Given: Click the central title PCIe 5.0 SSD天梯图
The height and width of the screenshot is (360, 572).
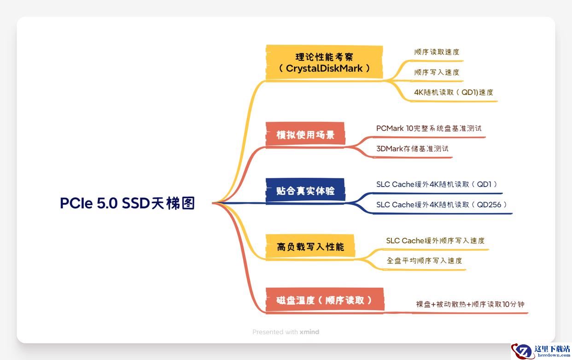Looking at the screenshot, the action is point(128,203).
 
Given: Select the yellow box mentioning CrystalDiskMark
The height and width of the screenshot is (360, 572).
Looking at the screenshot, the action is point(324,62).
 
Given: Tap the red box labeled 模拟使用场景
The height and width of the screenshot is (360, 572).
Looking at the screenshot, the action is point(305,135).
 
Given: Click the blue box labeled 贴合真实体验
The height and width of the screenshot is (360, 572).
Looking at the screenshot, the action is point(305,191).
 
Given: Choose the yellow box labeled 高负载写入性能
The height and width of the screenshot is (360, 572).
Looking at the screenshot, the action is point(310,247).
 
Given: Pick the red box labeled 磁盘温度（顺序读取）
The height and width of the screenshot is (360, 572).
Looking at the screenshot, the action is point(325,300).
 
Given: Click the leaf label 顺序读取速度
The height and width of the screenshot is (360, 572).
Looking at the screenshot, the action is point(437,52).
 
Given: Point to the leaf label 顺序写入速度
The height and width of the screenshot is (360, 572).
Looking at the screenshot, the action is point(437,72).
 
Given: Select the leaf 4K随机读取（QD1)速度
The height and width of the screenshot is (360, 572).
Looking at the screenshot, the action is point(454,92).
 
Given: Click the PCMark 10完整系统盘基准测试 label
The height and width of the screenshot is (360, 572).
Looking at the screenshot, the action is point(429,128).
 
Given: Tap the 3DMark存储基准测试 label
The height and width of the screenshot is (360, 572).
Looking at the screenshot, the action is point(412,148).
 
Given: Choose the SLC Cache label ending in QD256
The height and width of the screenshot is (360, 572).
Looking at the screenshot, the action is point(442,205).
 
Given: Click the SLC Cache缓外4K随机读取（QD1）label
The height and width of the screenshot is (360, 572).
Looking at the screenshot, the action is point(437,184).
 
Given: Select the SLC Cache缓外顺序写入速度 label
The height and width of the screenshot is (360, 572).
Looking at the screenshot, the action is point(435,241).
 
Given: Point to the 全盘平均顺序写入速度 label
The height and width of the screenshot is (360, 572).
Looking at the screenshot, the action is point(424,260).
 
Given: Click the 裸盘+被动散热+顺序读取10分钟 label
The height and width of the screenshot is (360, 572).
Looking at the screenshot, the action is point(470,304).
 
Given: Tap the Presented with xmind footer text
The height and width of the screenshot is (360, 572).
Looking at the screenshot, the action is point(286,332).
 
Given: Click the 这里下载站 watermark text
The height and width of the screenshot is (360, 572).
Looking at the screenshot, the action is point(552,348).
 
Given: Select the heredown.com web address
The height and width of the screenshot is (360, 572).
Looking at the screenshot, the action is point(554,355).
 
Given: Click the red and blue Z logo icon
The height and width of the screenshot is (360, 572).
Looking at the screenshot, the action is point(522,351).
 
